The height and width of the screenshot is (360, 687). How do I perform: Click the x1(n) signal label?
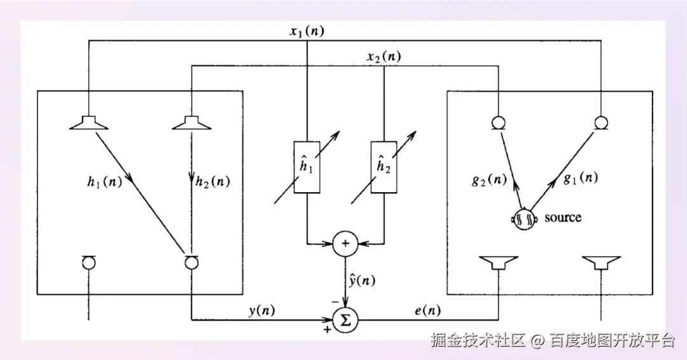click(x=307, y=32)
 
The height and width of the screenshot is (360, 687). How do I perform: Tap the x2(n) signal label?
click(x=384, y=57)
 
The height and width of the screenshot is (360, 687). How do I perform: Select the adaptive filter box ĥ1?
click(x=307, y=167)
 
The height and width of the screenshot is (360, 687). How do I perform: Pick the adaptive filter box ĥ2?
click(x=384, y=167)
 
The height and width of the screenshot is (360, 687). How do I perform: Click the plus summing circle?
click(x=345, y=244)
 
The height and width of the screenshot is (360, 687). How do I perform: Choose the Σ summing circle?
click(x=345, y=320)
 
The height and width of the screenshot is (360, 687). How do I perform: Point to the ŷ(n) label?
click(x=362, y=280)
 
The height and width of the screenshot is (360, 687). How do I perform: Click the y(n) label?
click(x=261, y=310)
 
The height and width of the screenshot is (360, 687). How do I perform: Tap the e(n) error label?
click(x=427, y=310)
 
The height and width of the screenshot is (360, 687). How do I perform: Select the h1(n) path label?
click(x=104, y=181)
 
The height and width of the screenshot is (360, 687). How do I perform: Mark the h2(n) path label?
click(x=212, y=181)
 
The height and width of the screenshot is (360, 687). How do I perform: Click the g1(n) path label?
click(x=581, y=178)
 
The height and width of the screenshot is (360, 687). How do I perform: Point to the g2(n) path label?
click(x=489, y=179)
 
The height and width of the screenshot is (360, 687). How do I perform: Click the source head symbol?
click(x=524, y=219)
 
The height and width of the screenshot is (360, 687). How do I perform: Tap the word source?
click(x=562, y=218)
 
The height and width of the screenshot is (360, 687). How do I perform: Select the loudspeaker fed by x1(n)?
click(x=89, y=123)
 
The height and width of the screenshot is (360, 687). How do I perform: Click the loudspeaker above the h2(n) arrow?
click(x=191, y=123)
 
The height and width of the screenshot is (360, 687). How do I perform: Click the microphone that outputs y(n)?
click(x=191, y=262)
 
